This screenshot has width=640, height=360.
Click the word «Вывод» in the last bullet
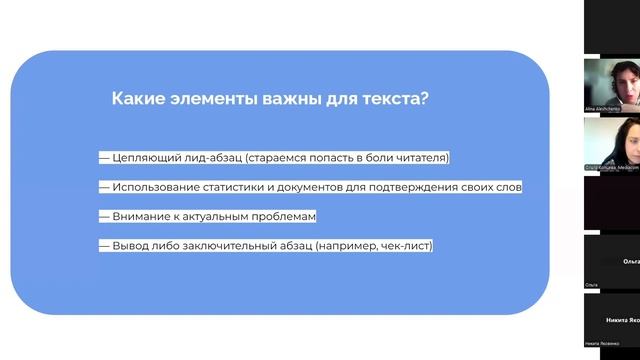(131, 246)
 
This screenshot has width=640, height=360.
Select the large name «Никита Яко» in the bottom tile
(622, 318)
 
